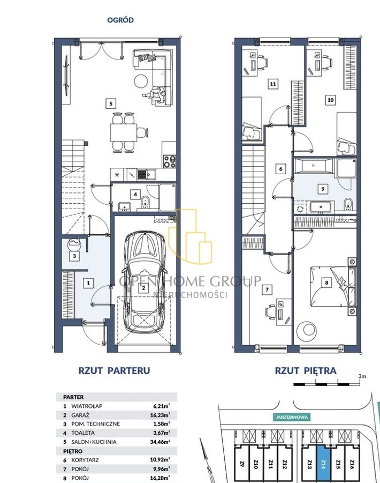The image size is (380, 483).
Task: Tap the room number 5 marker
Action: [111, 103]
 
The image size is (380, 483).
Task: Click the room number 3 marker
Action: [74, 256]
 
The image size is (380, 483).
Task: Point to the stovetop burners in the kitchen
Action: [170, 161]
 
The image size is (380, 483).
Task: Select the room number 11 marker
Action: [273, 84]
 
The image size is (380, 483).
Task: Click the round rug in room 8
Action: [306, 331]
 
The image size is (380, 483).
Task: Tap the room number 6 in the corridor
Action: [280, 169]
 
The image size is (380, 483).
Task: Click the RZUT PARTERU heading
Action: [115, 370]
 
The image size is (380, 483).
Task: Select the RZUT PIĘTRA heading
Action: [306, 370]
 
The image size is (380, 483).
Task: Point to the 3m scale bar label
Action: [362, 376]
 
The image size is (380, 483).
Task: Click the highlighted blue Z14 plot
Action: [323, 460]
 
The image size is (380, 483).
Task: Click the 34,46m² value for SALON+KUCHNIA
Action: [160, 442]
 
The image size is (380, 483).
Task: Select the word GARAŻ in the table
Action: [80, 415]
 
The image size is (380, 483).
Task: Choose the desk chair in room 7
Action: [270, 312]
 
